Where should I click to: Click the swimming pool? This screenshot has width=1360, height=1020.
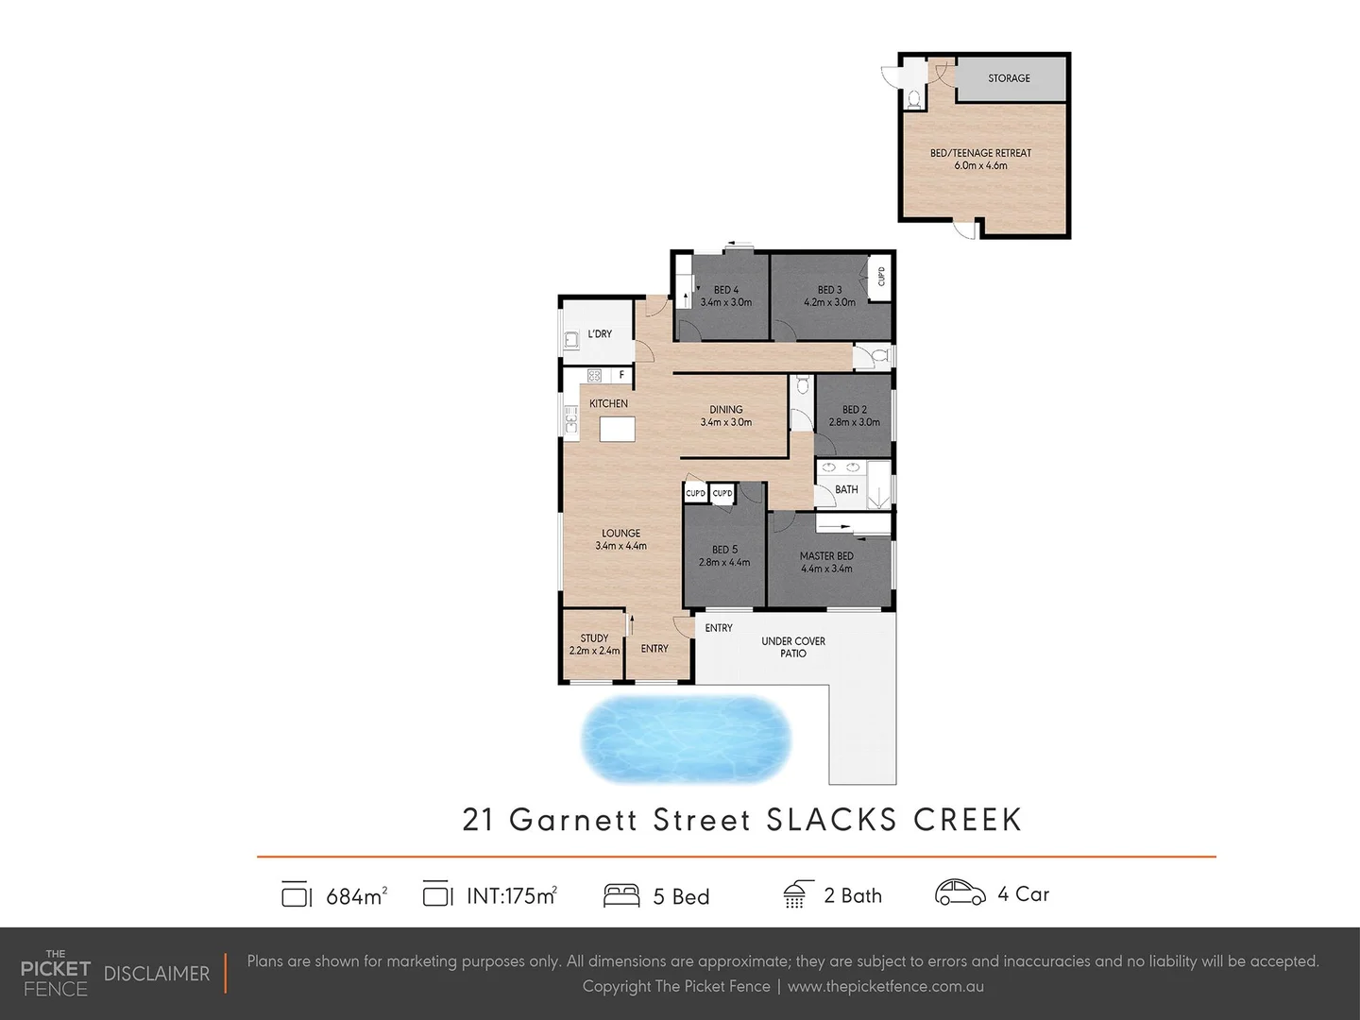pyautogui.click(x=686, y=739)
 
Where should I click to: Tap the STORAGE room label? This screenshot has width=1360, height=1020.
pyautogui.click(x=1009, y=78)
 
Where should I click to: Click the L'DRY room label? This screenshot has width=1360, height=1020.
pyautogui.click(x=600, y=334)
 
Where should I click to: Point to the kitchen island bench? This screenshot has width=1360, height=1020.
pyautogui.click(x=618, y=429)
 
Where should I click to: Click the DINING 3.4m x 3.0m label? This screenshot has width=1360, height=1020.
pyautogui.click(x=725, y=416)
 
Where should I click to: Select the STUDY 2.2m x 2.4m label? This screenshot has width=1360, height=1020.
pyautogui.click(x=594, y=644)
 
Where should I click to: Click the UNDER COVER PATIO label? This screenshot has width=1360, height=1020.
pyautogui.click(x=793, y=647)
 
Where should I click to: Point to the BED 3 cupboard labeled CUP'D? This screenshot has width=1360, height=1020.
pyautogui.click(x=880, y=277)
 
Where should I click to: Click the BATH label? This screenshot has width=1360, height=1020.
pyautogui.click(x=846, y=489)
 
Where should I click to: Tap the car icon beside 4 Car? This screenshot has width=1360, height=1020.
pyautogui.click(x=960, y=893)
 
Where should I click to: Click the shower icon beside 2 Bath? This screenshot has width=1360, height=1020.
pyautogui.click(x=795, y=894)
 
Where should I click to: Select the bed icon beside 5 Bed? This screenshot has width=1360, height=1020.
pyautogui.click(x=621, y=895)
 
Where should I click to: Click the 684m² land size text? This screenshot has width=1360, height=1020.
pyautogui.click(x=356, y=896)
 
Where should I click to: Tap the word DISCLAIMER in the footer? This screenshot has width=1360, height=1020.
pyautogui.click(x=157, y=974)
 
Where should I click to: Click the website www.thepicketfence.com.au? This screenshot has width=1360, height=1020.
pyautogui.click(x=885, y=986)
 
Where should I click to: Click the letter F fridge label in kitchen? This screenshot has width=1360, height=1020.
pyautogui.click(x=621, y=375)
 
